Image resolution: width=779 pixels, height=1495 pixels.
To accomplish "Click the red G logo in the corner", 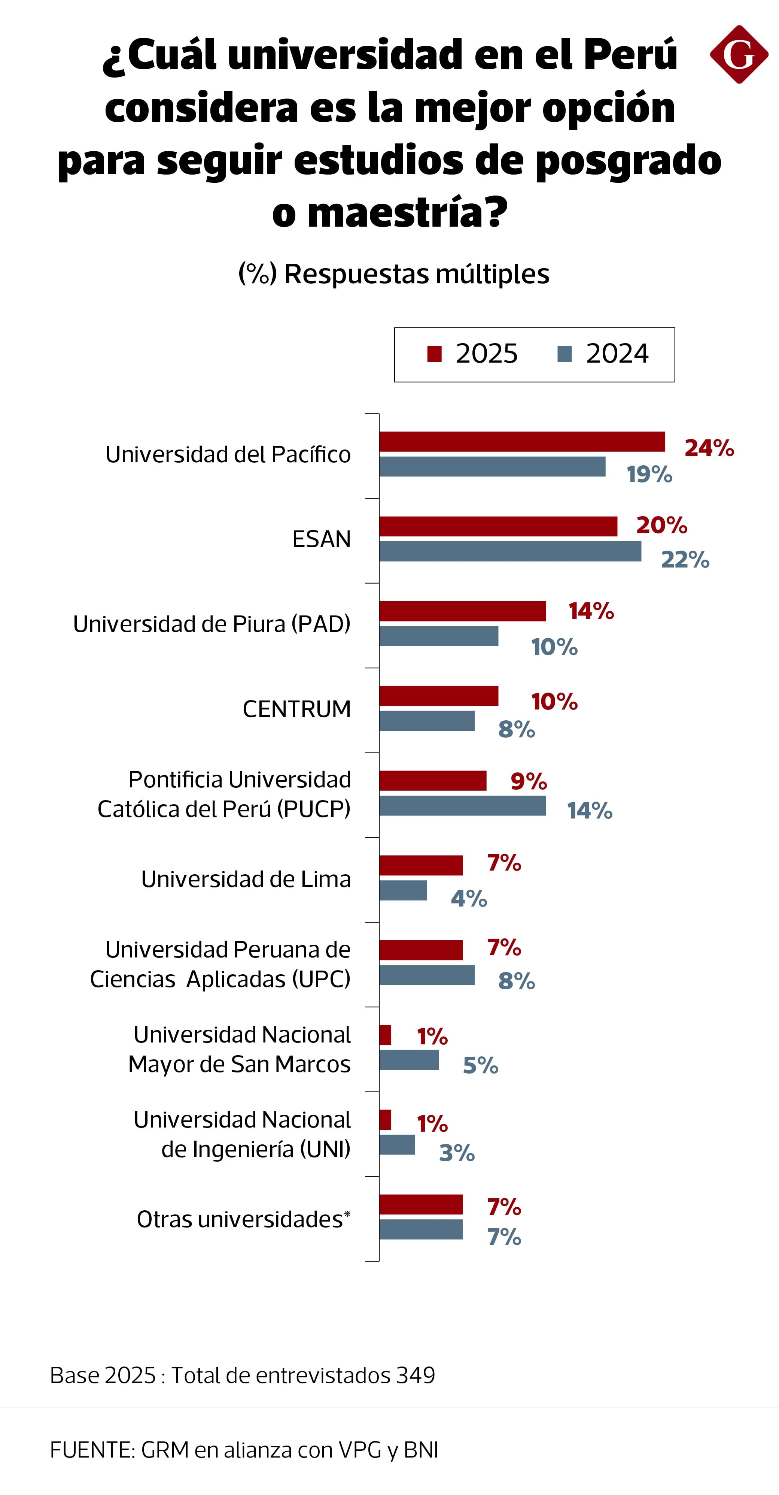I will pos(739,55).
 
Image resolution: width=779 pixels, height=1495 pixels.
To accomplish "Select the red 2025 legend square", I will pos(434,354).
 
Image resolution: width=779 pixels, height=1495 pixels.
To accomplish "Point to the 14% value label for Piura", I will pos(591,611).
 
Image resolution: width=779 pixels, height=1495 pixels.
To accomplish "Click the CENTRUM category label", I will pos(296,709).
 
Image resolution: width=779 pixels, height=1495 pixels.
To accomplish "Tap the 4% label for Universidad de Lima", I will pos(469,898).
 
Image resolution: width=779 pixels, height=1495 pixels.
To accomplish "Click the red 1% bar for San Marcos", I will pos(385,1035).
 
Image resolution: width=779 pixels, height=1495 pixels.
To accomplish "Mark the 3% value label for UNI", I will pos(457,1153).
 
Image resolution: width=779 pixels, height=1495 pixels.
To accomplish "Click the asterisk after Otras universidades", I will pos(347,1214).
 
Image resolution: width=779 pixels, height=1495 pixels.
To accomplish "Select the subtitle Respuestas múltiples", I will pos(417,273).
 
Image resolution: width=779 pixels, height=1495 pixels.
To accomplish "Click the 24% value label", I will pos(709,448).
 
